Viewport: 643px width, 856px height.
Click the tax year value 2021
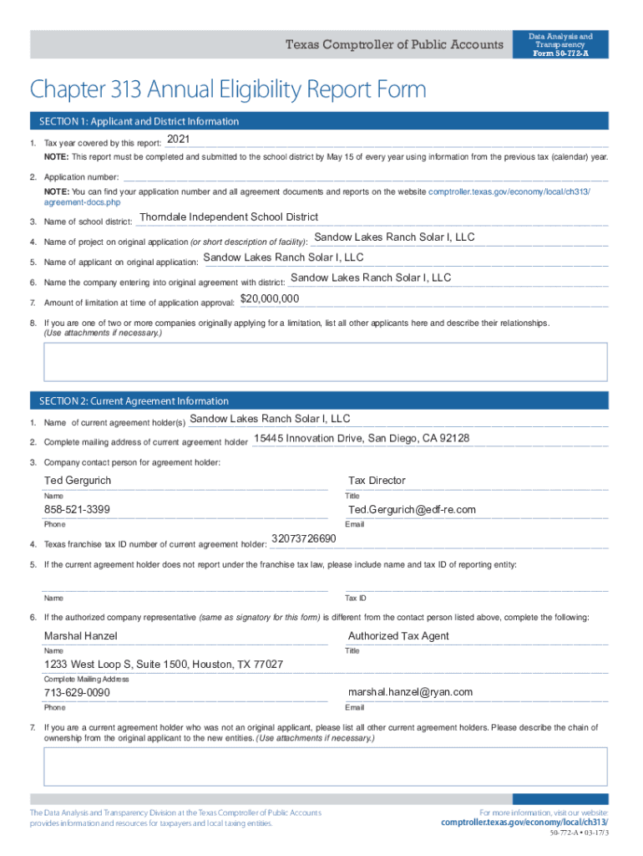point(179,138)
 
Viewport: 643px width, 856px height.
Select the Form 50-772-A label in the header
point(560,53)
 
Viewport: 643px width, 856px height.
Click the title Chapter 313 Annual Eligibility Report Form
point(228,89)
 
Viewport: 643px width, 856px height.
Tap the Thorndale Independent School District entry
point(229,217)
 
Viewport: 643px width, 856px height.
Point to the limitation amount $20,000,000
point(270,298)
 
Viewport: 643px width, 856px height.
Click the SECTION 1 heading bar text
point(134,121)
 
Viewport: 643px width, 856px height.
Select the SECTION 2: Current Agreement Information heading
point(129,401)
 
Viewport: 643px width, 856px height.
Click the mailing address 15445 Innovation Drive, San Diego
point(362,438)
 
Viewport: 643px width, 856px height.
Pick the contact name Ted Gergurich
point(78,481)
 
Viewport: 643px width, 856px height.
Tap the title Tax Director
point(377,481)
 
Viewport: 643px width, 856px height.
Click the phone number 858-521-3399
point(77,510)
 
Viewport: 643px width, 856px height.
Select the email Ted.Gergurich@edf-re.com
point(412,510)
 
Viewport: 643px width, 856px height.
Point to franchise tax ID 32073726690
point(304,538)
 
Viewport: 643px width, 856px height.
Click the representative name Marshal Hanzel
point(80,636)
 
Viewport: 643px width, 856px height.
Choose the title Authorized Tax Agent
point(398,636)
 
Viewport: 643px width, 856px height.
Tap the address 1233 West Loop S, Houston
point(164,665)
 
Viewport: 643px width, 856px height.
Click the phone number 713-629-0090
point(77,693)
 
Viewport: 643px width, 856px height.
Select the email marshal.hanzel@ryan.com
point(410,692)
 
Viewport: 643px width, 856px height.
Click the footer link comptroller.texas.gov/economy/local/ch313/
point(524,823)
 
